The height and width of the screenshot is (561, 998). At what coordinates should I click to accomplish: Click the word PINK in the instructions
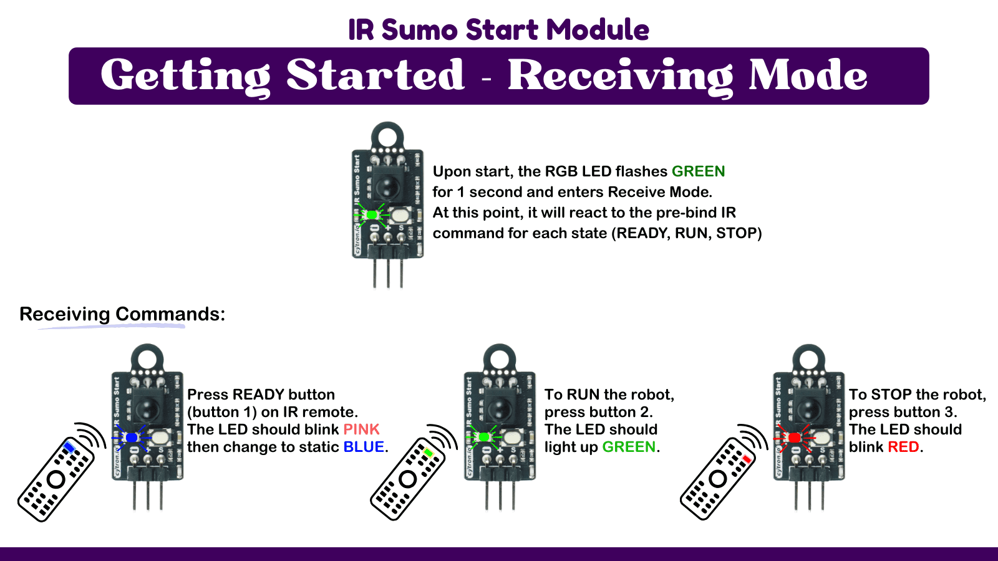coord(361,429)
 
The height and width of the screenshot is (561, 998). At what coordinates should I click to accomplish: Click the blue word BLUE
coord(364,447)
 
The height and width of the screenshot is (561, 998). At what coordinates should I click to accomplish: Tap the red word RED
coord(903,447)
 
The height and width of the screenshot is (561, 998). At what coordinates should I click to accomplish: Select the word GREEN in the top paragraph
coord(698,171)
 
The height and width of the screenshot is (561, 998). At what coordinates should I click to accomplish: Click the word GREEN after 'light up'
coord(629,447)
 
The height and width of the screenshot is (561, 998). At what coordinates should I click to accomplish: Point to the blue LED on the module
coord(132,438)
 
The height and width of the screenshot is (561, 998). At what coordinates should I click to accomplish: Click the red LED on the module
coord(794,438)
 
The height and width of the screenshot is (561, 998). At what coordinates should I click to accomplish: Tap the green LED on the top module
coord(372,215)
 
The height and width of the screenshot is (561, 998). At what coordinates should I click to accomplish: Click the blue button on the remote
coord(69,448)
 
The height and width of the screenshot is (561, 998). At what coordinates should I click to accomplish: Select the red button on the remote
coord(747,459)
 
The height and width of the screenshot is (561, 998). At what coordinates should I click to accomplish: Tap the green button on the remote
coord(429,453)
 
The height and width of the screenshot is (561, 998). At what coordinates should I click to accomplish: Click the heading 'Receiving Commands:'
coord(122,314)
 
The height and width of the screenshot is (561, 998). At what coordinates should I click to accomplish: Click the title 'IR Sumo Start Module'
coord(498,29)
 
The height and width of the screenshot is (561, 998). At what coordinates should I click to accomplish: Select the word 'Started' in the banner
coord(375,75)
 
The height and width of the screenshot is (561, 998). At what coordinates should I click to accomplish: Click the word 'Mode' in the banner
coord(808,75)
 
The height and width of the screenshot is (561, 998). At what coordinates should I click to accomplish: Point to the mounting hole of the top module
coord(387,136)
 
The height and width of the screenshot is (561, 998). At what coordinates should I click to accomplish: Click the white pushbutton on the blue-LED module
coord(162,438)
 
